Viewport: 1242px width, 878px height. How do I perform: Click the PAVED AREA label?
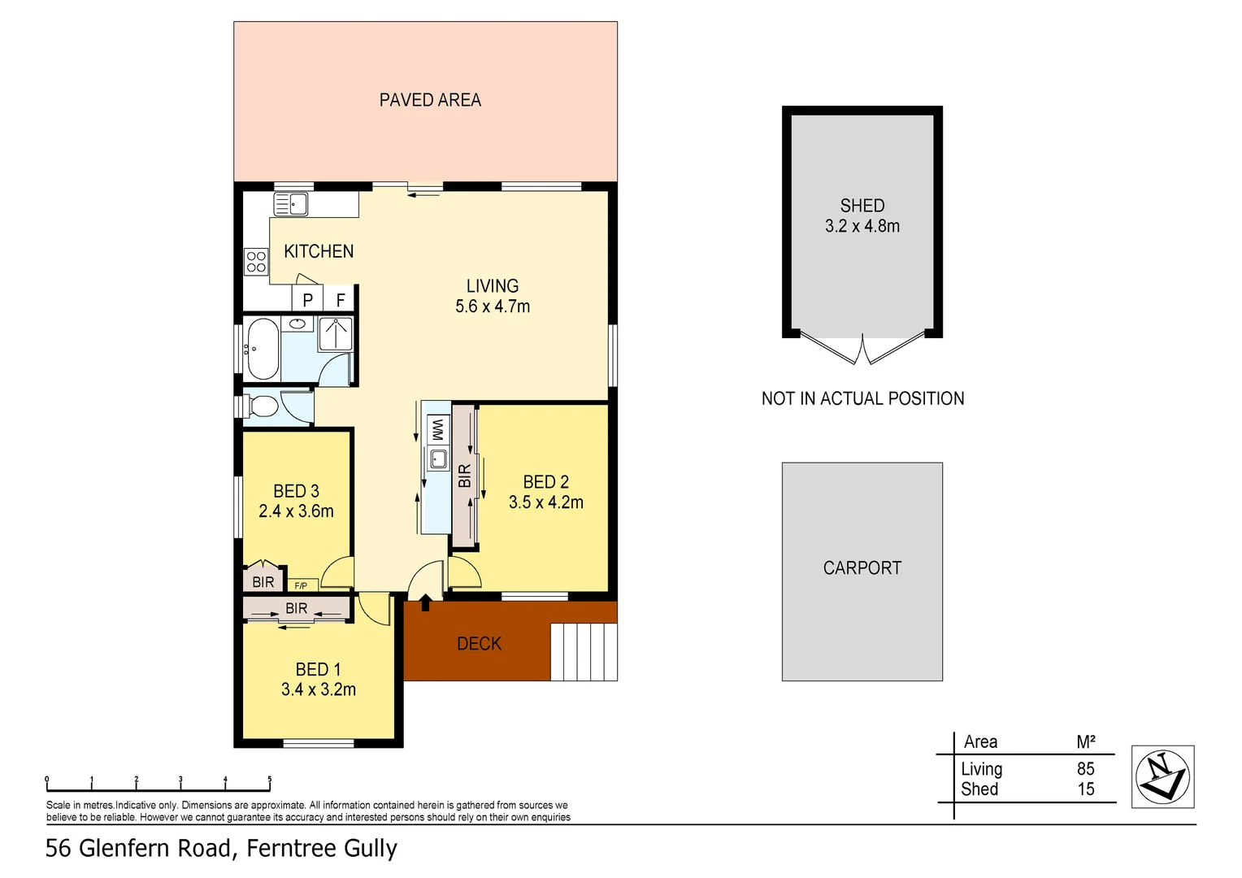(x=430, y=100)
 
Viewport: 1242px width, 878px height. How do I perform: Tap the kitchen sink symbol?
(x=290, y=204)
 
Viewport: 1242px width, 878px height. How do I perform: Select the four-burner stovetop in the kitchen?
(x=256, y=261)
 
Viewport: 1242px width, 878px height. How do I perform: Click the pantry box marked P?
(x=307, y=300)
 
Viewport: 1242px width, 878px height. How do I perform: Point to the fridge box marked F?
(x=341, y=300)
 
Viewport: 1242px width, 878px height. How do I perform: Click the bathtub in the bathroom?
(x=263, y=349)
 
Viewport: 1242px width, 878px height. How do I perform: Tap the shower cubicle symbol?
(x=336, y=333)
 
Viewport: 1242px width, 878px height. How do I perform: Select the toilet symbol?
(x=262, y=406)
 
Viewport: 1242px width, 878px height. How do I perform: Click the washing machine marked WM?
(x=437, y=428)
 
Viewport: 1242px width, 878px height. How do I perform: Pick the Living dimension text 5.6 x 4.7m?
(x=493, y=306)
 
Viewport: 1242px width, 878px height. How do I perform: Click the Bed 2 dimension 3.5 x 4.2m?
(x=545, y=502)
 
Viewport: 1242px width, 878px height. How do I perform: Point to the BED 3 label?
(x=296, y=491)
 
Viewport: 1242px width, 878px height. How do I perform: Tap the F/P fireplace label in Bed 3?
(x=301, y=585)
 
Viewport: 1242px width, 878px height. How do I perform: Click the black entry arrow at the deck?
(x=425, y=602)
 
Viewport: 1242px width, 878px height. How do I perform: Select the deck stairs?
(x=584, y=651)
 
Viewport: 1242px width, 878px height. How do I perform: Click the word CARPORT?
(x=862, y=567)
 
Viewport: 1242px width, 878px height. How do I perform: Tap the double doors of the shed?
(x=862, y=350)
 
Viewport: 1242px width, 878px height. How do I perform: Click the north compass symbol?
(x=1162, y=776)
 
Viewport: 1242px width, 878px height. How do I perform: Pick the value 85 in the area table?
(x=1085, y=768)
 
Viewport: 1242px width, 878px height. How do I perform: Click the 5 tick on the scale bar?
(x=269, y=780)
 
